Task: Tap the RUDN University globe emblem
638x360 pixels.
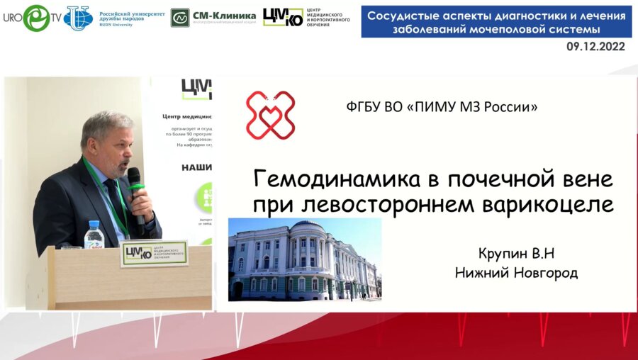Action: click(x=78, y=18)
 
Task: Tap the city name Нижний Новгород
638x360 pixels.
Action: click(x=517, y=273)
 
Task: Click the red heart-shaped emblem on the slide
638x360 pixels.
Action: click(x=270, y=114)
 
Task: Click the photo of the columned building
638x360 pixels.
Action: click(x=304, y=259)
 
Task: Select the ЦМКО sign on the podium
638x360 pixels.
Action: click(x=153, y=253)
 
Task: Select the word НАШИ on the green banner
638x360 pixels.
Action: click(x=196, y=168)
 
